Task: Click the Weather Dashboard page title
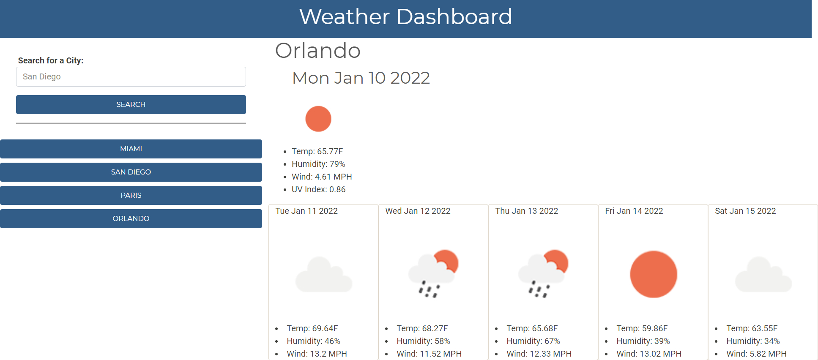(405, 17)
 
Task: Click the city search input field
(131, 77)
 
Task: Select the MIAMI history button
(131, 149)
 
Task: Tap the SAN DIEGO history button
(131, 172)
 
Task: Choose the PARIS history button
(131, 195)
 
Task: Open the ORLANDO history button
(131, 218)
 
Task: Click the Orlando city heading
(318, 51)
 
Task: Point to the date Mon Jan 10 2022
(361, 78)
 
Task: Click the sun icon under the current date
(318, 119)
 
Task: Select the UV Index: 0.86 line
(318, 189)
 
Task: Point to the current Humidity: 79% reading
(318, 164)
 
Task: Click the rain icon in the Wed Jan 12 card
(433, 274)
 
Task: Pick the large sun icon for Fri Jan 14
(654, 274)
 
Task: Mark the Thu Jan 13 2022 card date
(526, 211)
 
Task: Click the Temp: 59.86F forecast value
(642, 328)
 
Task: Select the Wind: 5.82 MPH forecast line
(756, 354)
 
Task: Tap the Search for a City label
(51, 60)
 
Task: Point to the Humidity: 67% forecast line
(533, 341)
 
